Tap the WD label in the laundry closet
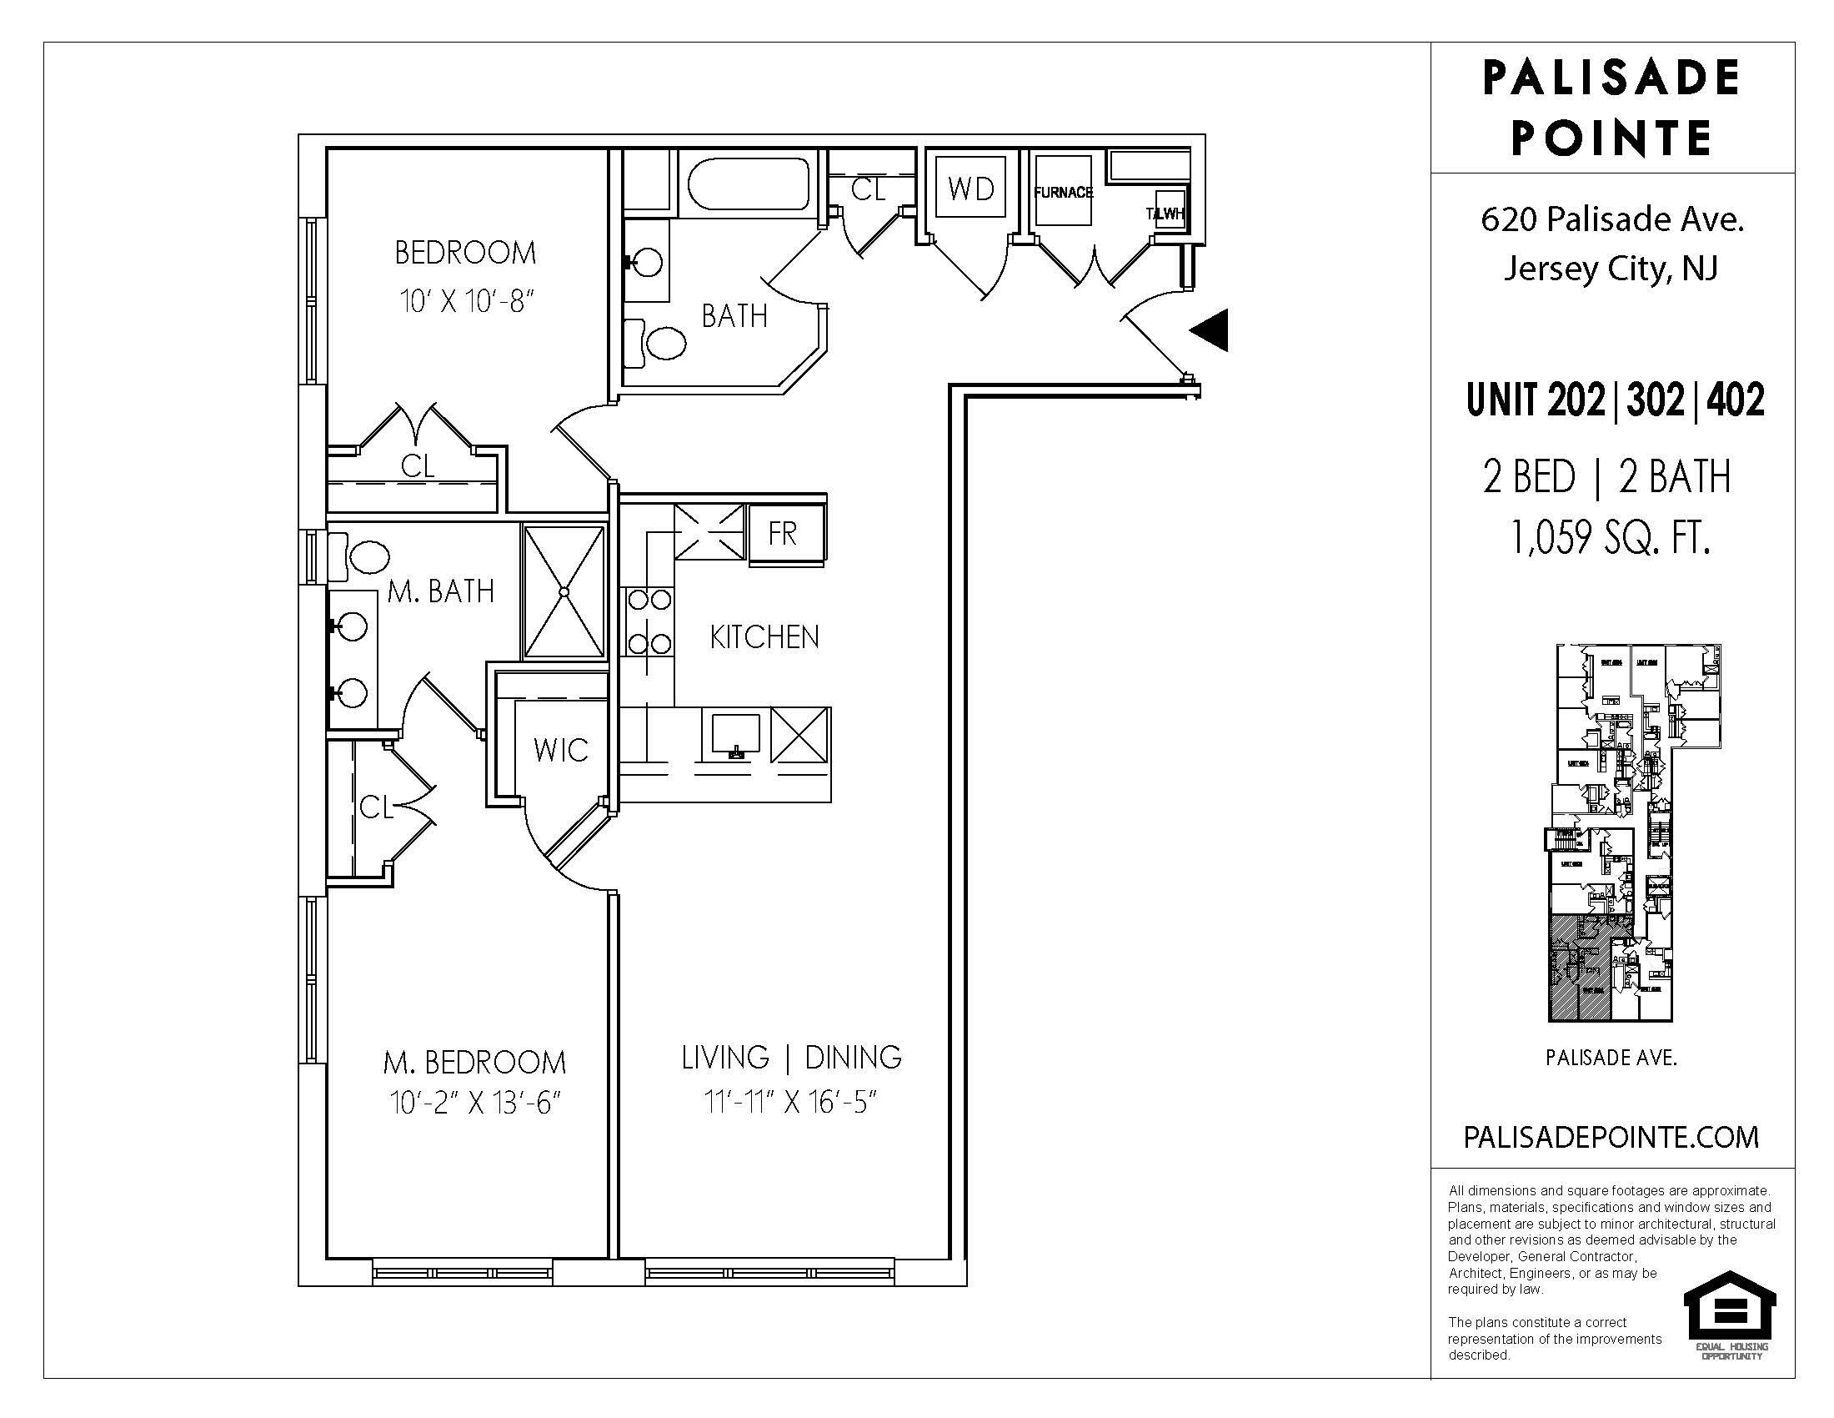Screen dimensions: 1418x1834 click(x=970, y=189)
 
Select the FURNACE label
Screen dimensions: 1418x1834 click(x=1063, y=193)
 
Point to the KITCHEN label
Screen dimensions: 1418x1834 click(x=764, y=637)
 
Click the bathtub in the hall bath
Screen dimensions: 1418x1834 click(x=749, y=185)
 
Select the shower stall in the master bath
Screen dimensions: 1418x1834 click(x=564, y=591)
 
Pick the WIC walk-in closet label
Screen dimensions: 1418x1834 click(x=561, y=750)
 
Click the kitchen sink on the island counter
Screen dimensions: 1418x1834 click(x=736, y=734)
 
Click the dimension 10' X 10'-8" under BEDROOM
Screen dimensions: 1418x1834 click(x=467, y=301)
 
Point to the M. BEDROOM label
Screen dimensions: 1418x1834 click(x=474, y=1063)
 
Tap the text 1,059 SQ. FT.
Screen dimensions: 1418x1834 click(x=1610, y=538)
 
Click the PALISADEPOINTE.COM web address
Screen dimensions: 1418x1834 click(x=1611, y=1138)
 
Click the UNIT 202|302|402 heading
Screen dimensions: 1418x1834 click(x=1615, y=400)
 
